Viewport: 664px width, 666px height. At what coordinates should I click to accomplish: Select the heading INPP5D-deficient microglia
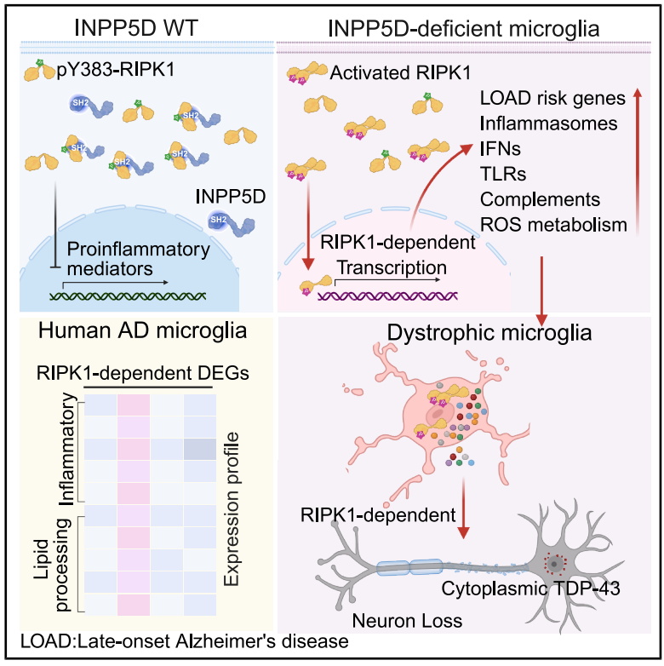pyautogui.click(x=464, y=28)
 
